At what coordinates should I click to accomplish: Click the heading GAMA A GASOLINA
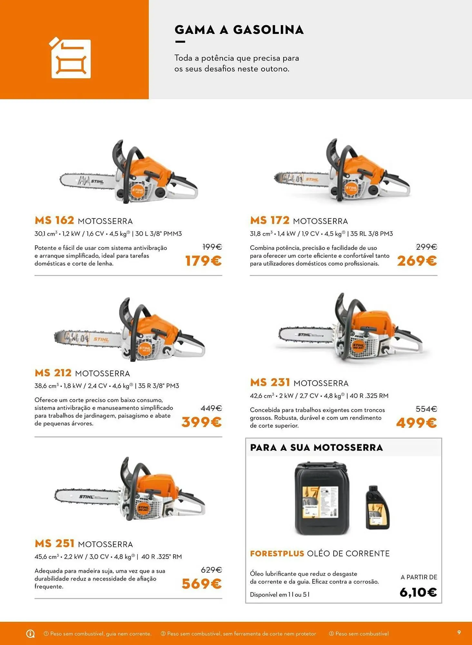pyautogui.click(x=239, y=30)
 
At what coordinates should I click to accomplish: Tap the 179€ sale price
pyautogui.click(x=203, y=261)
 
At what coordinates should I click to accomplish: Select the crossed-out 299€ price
pyautogui.click(x=426, y=247)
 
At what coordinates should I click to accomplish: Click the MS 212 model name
pyautogui.click(x=53, y=373)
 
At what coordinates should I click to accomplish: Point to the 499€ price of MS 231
pyautogui.click(x=416, y=422)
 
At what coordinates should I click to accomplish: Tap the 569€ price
pyautogui.click(x=202, y=583)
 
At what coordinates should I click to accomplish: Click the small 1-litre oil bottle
pyautogui.click(x=377, y=508)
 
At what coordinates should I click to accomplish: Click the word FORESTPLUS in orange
pyautogui.click(x=277, y=553)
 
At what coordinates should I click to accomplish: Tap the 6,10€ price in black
pyautogui.click(x=418, y=592)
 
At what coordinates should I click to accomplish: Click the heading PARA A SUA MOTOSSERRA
pyautogui.click(x=316, y=448)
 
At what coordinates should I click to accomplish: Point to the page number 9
pyautogui.click(x=459, y=632)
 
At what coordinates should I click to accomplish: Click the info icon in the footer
pyautogui.click(x=30, y=634)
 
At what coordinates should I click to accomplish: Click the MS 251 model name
pyautogui.click(x=54, y=543)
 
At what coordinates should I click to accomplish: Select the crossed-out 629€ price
pyautogui.click(x=211, y=570)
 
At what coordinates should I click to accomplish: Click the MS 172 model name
pyautogui.click(x=270, y=220)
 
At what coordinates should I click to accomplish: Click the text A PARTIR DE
pyautogui.click(x=419, y=577)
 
